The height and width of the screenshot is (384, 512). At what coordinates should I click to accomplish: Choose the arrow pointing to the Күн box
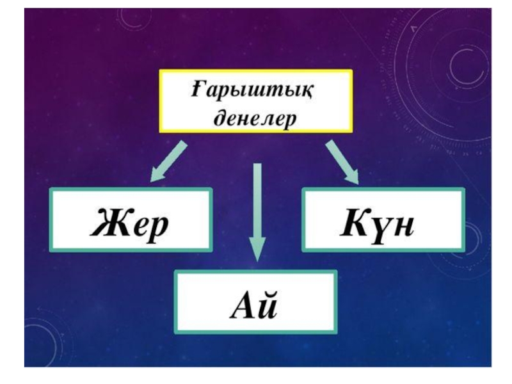342,161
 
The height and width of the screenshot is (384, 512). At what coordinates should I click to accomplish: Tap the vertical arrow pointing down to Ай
257,211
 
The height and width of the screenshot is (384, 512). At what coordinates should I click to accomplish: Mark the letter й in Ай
268,305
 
